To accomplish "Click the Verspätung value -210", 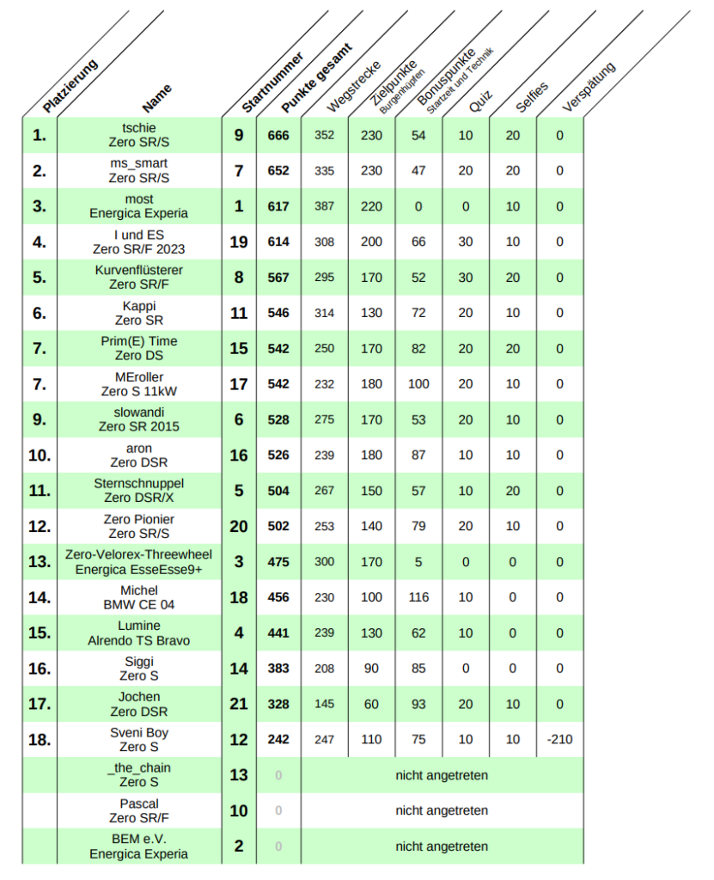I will [559, 740].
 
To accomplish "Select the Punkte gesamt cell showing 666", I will [278, 136].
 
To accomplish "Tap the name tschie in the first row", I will [139, 128].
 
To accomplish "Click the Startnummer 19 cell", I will [239, 242].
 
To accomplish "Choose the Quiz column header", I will [480, 101].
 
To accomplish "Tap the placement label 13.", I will [40, 562].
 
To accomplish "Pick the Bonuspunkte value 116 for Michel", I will [418, 597].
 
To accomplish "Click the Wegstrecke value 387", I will [324, 207].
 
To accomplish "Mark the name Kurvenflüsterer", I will [139, 271].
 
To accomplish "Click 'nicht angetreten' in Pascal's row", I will [442, 810].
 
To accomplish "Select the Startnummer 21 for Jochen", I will [239, 705].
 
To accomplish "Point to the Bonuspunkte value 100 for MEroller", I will [418, 384].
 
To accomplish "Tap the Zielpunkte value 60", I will [371, 705].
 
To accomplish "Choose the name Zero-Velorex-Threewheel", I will [139, 555].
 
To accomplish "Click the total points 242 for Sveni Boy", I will [278, 740].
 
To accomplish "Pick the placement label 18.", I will [40, 740].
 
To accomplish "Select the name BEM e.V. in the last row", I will [139, 840].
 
